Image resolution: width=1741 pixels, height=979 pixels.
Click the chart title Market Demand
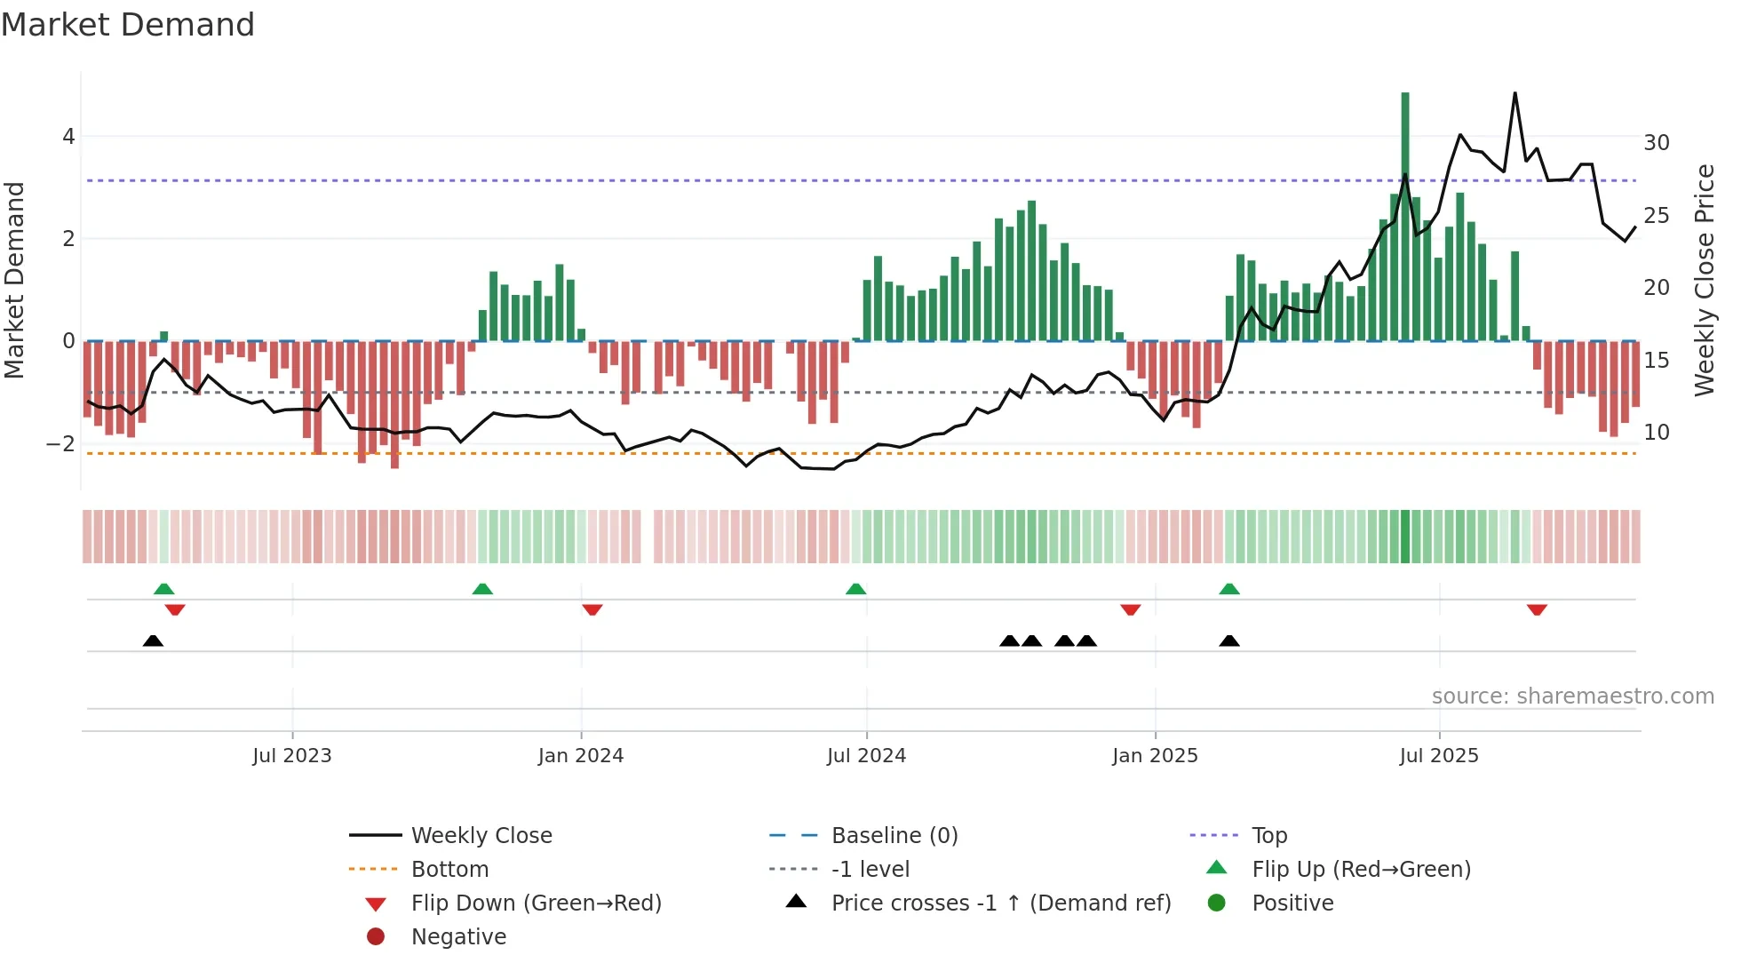click(128, 25)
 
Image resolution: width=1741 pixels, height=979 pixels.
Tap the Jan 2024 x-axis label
click(581, 756)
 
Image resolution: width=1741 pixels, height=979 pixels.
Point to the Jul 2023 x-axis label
click(291, 756)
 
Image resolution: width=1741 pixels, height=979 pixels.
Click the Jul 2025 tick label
click(1439, 756)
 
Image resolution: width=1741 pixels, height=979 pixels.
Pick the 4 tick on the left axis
click(68, 137)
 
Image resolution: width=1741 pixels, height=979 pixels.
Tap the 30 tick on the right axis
click(1657, 143)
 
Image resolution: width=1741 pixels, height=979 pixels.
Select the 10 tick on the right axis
click(1657, 433)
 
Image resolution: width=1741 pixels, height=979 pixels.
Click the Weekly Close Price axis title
click(1704, 280)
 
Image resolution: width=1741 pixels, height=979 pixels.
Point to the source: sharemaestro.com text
click(1572, 696)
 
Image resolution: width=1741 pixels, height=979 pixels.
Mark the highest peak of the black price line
click(1514, 93)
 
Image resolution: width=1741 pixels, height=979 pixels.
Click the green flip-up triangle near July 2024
click(856, 590)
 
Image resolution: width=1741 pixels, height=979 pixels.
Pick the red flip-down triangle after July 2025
click(1537, 609)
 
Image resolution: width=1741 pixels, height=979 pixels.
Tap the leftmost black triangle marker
click(153, 641)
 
